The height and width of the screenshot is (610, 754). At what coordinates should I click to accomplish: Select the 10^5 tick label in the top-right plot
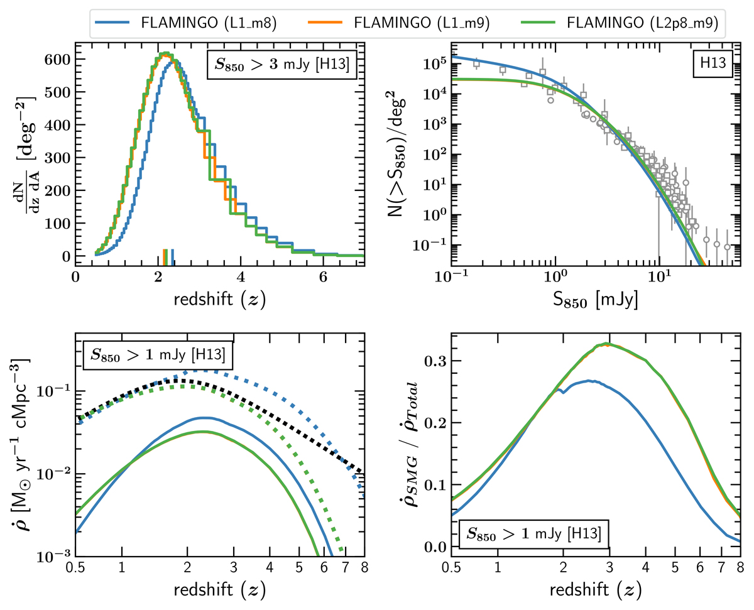(x=433, y=64)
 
